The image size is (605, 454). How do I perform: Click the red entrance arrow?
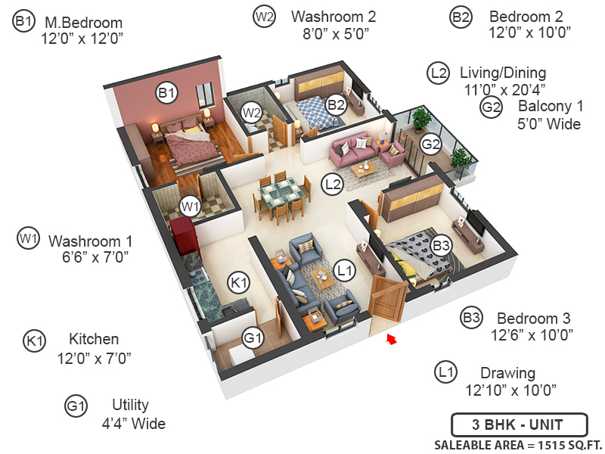click(x=392, y=339)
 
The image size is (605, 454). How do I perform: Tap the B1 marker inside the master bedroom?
click(x=166, y=92)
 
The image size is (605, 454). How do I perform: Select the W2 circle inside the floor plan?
click(x=251, y=113)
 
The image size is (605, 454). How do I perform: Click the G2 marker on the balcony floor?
click(x=430, y=144)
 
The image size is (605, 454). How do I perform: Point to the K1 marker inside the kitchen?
click(x=238, y=282)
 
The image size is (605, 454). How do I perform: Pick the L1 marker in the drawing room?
click(x=345, y=271)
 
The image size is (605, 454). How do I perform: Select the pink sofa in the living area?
click(x=352, y=149)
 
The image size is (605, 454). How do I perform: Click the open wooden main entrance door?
click(x=387, y=300)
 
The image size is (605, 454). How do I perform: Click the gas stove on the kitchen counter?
click(x=198, y=274)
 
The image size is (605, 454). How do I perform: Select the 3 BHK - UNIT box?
click(x=519, y=424)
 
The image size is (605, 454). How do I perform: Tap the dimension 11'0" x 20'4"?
click(x=504, y=89)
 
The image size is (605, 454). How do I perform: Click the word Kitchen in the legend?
click(x=94, y=339)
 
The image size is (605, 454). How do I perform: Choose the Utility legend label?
click(x=130, y=405)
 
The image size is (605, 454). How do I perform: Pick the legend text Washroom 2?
click(x=334, y=17)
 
